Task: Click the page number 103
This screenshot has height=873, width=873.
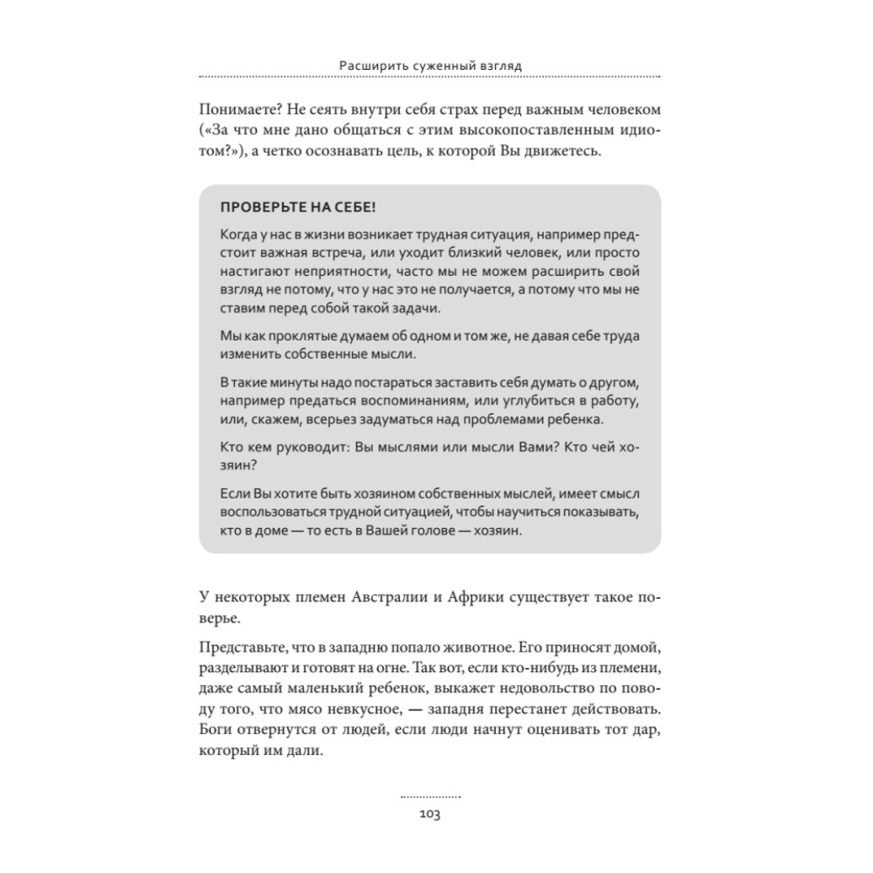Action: click(x=430, y=814)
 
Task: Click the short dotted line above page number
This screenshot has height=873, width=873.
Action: click(x=430, y=797)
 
